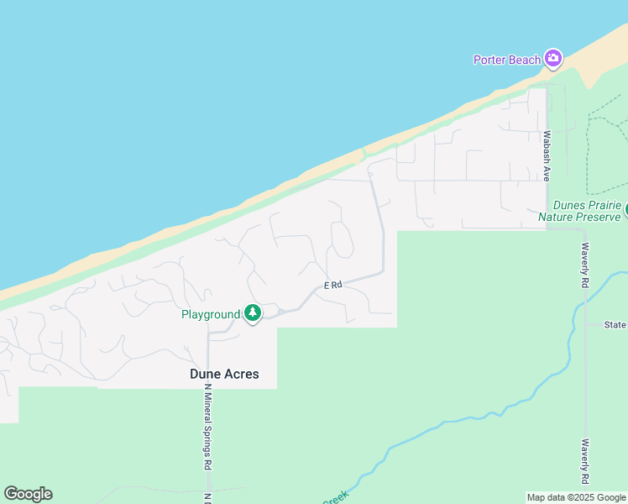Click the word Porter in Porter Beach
tap(490, 60)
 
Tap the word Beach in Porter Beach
tap(525, 60)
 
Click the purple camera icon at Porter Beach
tap(552, 58)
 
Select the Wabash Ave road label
tap(546, 156)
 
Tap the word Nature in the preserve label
tap(557, 218)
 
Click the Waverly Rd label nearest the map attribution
tap(584, 461)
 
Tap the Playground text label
tap(211, 315)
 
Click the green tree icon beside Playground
tap(252, 314)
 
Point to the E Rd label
tap(333, 286)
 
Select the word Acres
tap(242, 374)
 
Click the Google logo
tap(28, 494)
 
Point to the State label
tap(616, 324)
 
